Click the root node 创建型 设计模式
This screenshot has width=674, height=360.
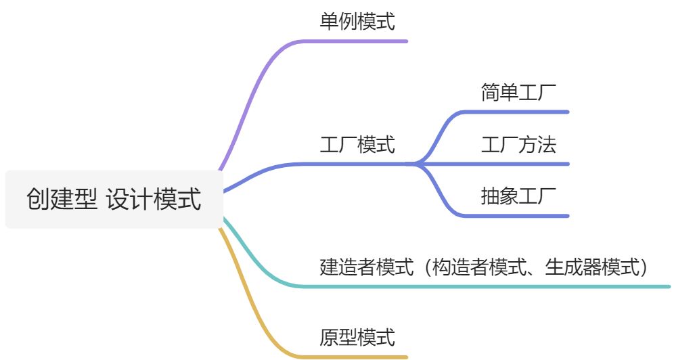pyautogui.click(x=114, y=200)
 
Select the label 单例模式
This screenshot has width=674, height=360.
pyautogui.click(x=357, y=22)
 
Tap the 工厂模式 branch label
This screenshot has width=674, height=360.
pyautogui.click(x=357, y=144)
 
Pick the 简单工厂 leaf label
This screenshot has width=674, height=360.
pyautogui.click(x=518, y=93)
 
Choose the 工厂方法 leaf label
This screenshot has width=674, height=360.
pyautogui.click(x=518, y=144)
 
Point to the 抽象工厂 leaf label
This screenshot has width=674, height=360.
pyautogui.click(x=518, y=196)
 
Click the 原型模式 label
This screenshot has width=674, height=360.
pyautogui.click(x=357, y=337)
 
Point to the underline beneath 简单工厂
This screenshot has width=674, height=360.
pyautogui.click(x=521, y=112)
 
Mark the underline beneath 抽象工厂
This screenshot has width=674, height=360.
pyautogui.click(x=521, y=216)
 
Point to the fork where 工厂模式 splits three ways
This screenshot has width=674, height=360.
pyautogui.click(x=414, y=163)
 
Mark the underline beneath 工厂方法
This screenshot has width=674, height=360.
pyautogui.click(x=521, y=164)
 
